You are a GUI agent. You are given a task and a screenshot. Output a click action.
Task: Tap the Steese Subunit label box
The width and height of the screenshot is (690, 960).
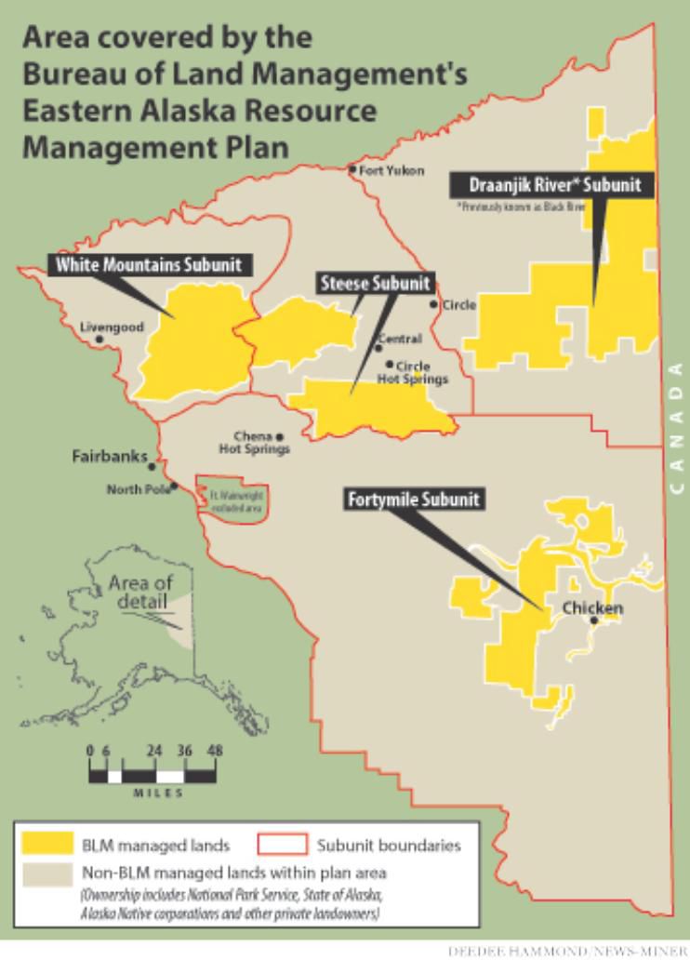coord(375,284)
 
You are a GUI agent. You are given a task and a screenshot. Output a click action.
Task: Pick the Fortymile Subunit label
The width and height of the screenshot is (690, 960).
coord(414,500)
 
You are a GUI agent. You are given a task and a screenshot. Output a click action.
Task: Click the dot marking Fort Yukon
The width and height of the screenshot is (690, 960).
coord(352,170)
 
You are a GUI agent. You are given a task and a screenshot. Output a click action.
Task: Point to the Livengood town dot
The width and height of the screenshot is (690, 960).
coord(100,340)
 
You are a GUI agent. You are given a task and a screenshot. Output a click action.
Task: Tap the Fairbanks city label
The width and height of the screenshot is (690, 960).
coord(110,457)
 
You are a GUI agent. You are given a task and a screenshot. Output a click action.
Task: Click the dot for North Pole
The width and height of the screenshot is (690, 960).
coord(174,485)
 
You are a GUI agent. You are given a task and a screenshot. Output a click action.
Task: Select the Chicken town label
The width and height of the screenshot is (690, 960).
coord(592,608)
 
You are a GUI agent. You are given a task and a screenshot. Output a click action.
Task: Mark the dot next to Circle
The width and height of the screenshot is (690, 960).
coord(433,304)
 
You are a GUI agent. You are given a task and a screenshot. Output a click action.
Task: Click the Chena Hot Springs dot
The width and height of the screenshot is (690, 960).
coord(279,436)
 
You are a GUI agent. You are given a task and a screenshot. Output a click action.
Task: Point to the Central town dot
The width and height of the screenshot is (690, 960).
coord(378,349)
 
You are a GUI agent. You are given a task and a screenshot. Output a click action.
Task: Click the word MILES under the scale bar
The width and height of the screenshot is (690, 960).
coord(158,793)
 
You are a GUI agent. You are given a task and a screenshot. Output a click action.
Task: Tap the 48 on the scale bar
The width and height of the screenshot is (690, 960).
coord(216,750)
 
